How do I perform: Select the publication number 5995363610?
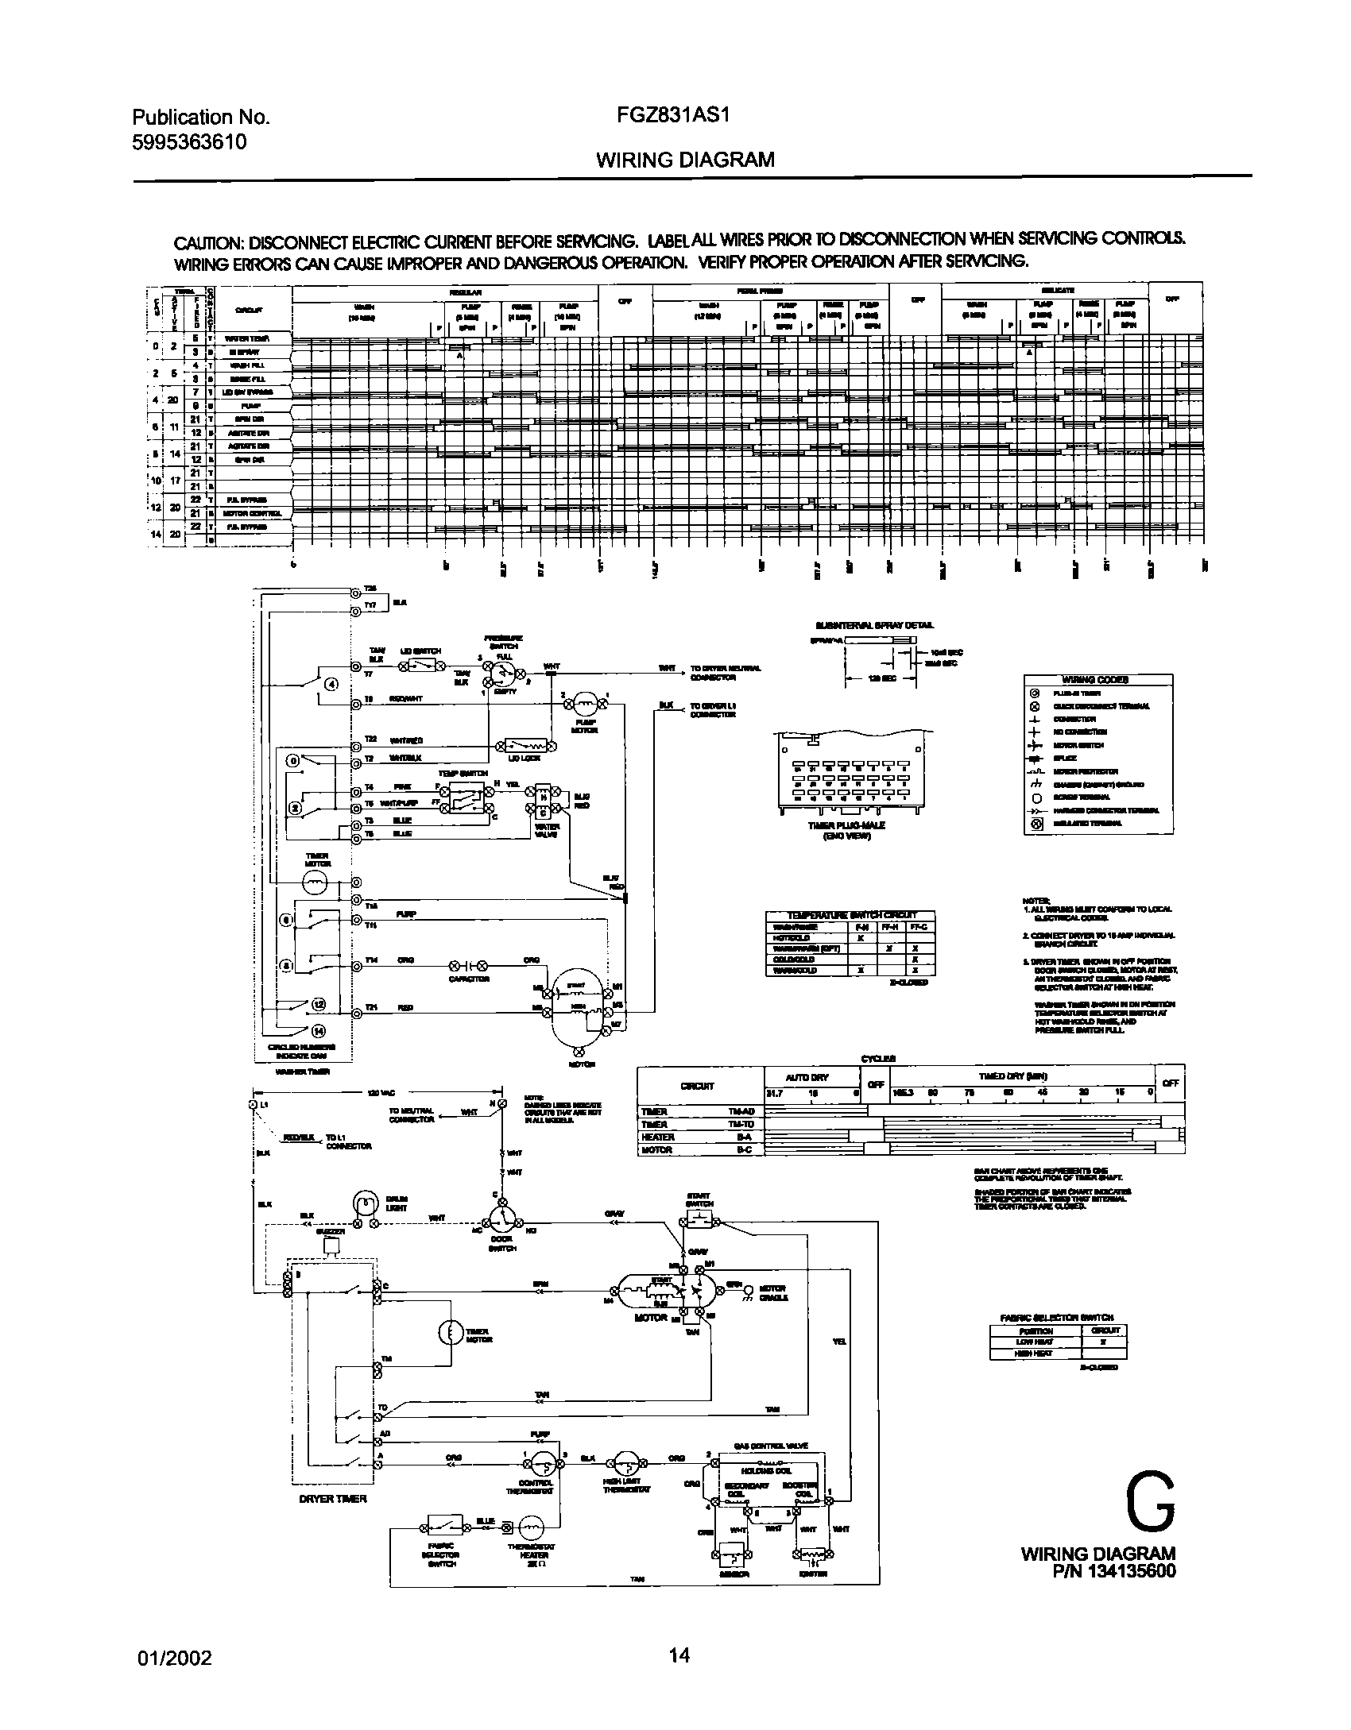[189, 142]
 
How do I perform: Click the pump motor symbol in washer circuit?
[586, 701]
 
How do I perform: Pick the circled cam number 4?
[331, 684]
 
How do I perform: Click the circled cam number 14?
[318, 1032]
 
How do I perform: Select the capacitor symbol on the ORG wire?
[470, 966]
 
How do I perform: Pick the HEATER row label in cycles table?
[657, 1137]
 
